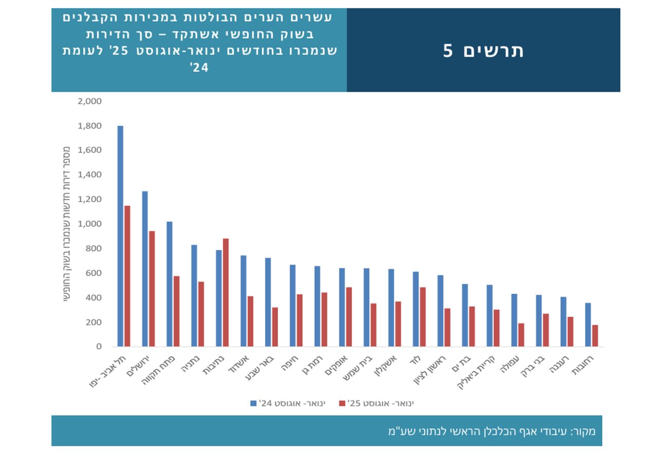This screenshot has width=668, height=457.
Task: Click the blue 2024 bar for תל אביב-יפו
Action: (x=120, y=236)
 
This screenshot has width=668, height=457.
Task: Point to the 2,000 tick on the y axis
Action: (x=89, y=101)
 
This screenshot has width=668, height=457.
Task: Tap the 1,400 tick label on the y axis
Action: (x=89, y=175)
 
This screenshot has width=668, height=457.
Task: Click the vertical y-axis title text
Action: (x=67, y=224)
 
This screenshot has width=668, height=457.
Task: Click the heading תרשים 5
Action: (x=483, y=50)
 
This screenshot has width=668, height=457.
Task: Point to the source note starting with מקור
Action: (x=491, y=431)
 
